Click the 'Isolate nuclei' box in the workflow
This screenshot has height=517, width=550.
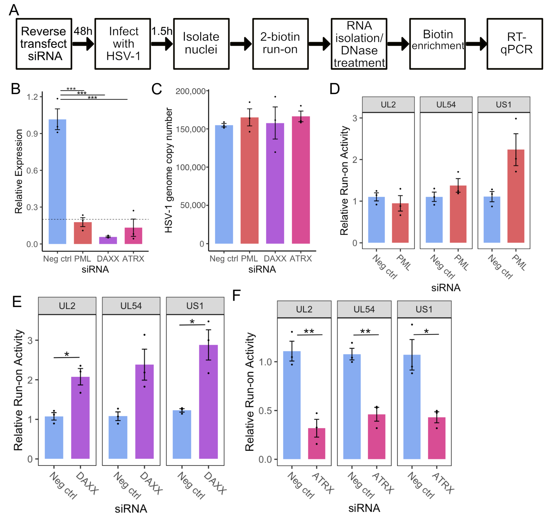tap(201, 44)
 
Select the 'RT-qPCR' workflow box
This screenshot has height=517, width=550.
tap(515, 44)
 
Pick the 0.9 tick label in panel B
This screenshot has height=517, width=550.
tap(32, 134)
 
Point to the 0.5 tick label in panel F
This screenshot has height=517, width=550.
tap(265, 411)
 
